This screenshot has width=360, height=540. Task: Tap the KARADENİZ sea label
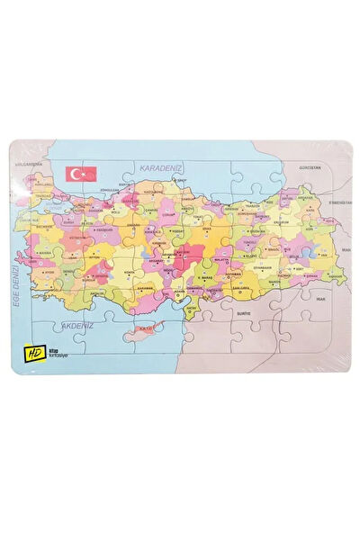pyautogui.click(x=162, y=168)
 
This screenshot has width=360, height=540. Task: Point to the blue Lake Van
pyautogui.click(x=310, y=255)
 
